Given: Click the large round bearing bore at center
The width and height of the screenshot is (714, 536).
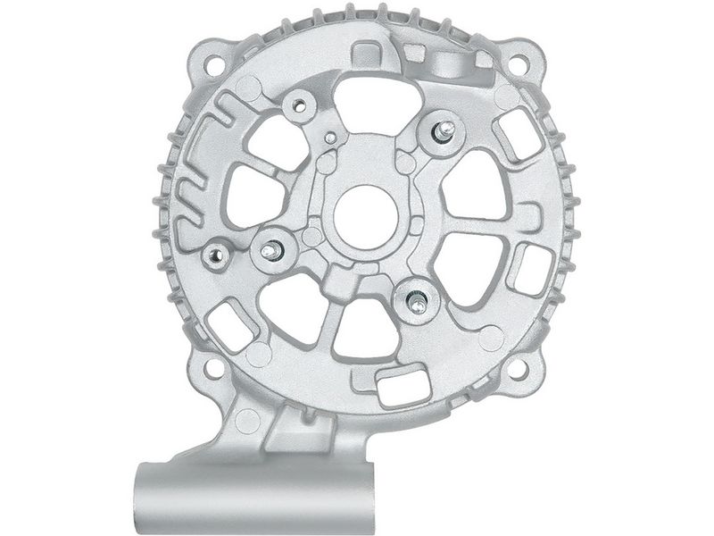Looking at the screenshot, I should pyautogui.click(x=364, y=208).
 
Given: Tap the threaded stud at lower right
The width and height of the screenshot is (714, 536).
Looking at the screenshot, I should pyautogui.click(x=417, y=301).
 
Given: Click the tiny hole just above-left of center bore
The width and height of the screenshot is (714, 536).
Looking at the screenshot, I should pyautogui.click(x=332, y=138).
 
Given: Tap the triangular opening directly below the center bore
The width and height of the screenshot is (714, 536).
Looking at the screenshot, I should pyautogui.click(x=364, y=327).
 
